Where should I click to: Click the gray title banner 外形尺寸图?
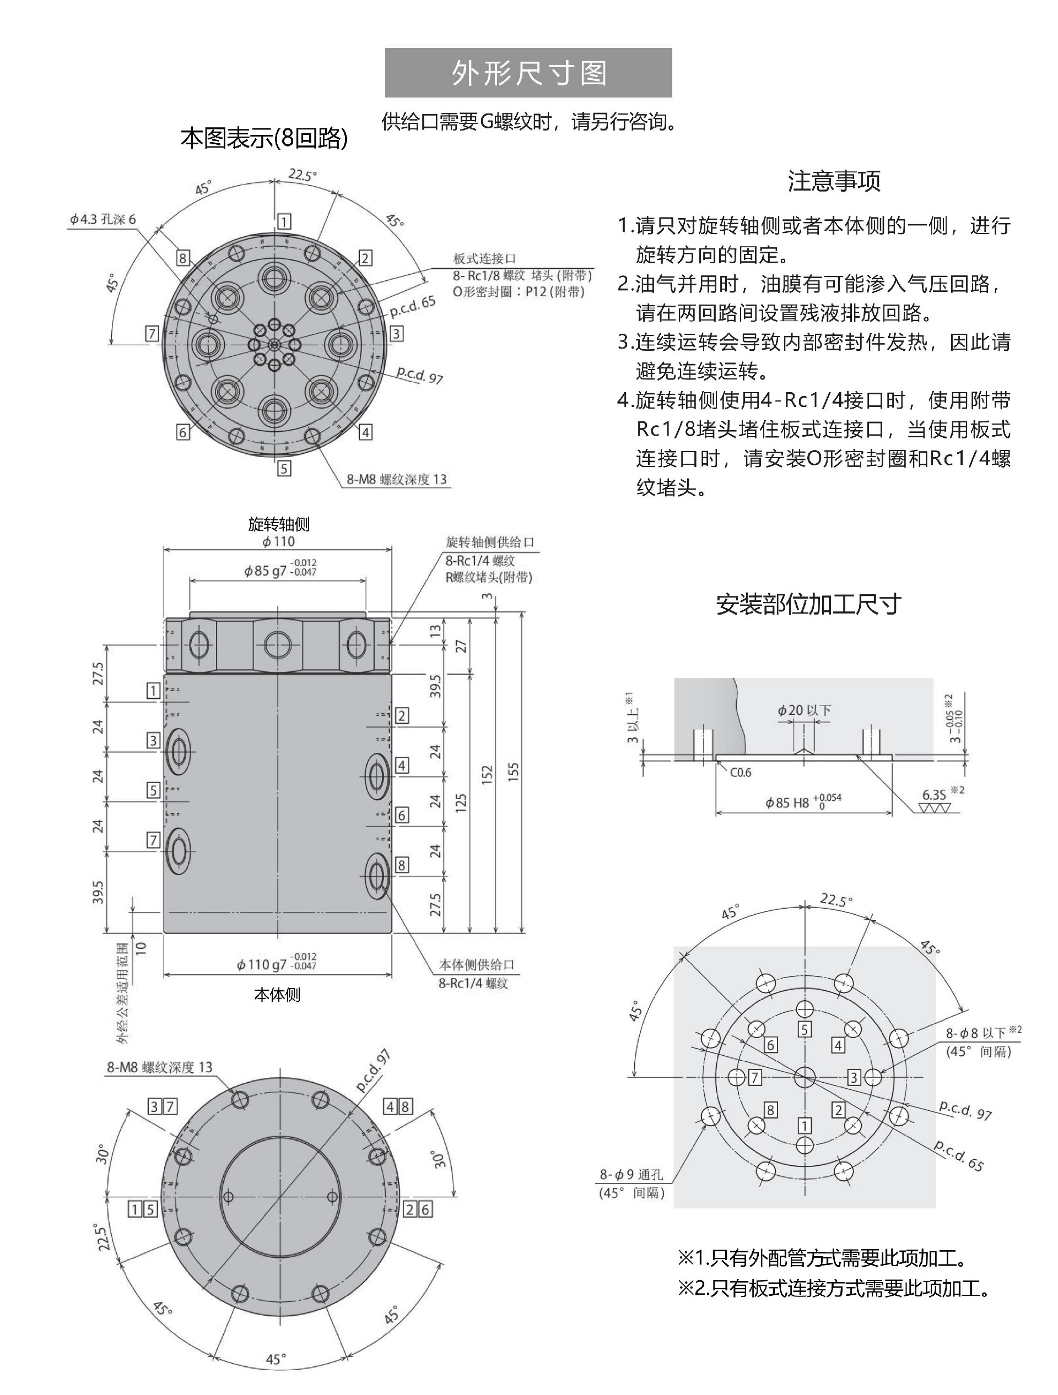[x=528, y=73]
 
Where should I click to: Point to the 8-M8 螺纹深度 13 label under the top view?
[x=396, y=479]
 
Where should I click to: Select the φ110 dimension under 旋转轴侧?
[x=278, y=541]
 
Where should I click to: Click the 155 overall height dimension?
[x=513, y=773]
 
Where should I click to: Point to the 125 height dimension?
[x=461, y=802]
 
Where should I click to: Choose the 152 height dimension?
[x=487, y=775]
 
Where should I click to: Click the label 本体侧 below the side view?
[x=277, y=995]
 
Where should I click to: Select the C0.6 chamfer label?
[x=741, y=773]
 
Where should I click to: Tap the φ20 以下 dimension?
[x=804, y=710]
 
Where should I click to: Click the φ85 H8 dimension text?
[x=802, y=802]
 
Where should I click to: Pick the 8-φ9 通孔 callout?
[x=631, y=1174]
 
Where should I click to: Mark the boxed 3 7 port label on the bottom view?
[x=162, y=1106]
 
